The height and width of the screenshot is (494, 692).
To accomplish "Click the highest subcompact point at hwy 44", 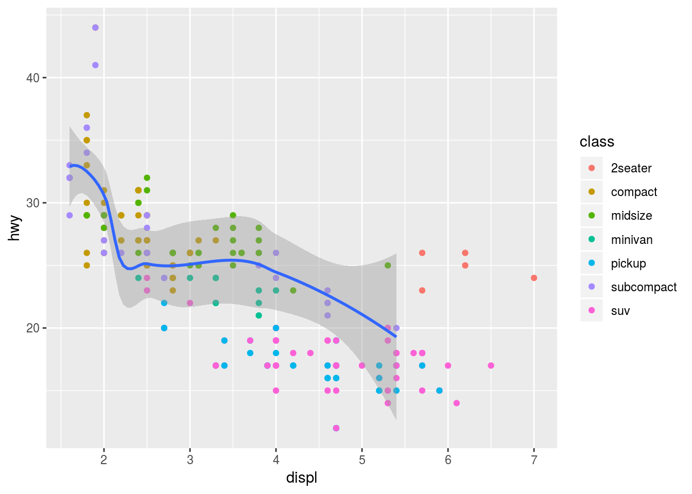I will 95,28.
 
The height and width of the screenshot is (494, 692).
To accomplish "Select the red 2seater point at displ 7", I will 534,278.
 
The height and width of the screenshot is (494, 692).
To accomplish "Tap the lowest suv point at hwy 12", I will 336,428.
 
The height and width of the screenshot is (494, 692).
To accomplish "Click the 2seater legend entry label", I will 631,168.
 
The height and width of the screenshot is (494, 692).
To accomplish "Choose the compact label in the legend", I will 634,192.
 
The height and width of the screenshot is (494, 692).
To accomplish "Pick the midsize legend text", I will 631,216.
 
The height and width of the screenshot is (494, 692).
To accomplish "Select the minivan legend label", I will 632,240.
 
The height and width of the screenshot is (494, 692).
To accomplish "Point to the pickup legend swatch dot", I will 592,263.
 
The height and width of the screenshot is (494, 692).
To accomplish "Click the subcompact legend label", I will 644,287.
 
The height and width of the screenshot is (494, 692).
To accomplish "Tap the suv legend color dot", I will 592,311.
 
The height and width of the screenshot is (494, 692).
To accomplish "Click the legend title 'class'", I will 597,142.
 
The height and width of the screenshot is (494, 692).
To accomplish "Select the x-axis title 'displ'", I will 302,478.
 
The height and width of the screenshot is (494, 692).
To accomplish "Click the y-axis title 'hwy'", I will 15,228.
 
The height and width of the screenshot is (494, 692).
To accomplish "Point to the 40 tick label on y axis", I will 32,78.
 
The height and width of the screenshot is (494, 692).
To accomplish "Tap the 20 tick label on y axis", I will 32,328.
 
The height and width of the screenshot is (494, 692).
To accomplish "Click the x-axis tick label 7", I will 534,460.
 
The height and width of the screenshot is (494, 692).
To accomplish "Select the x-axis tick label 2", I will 104,460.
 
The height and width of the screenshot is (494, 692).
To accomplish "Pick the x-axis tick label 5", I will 362,460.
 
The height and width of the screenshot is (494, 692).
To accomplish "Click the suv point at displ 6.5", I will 491,366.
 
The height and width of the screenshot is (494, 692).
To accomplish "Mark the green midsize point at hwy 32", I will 147,178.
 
